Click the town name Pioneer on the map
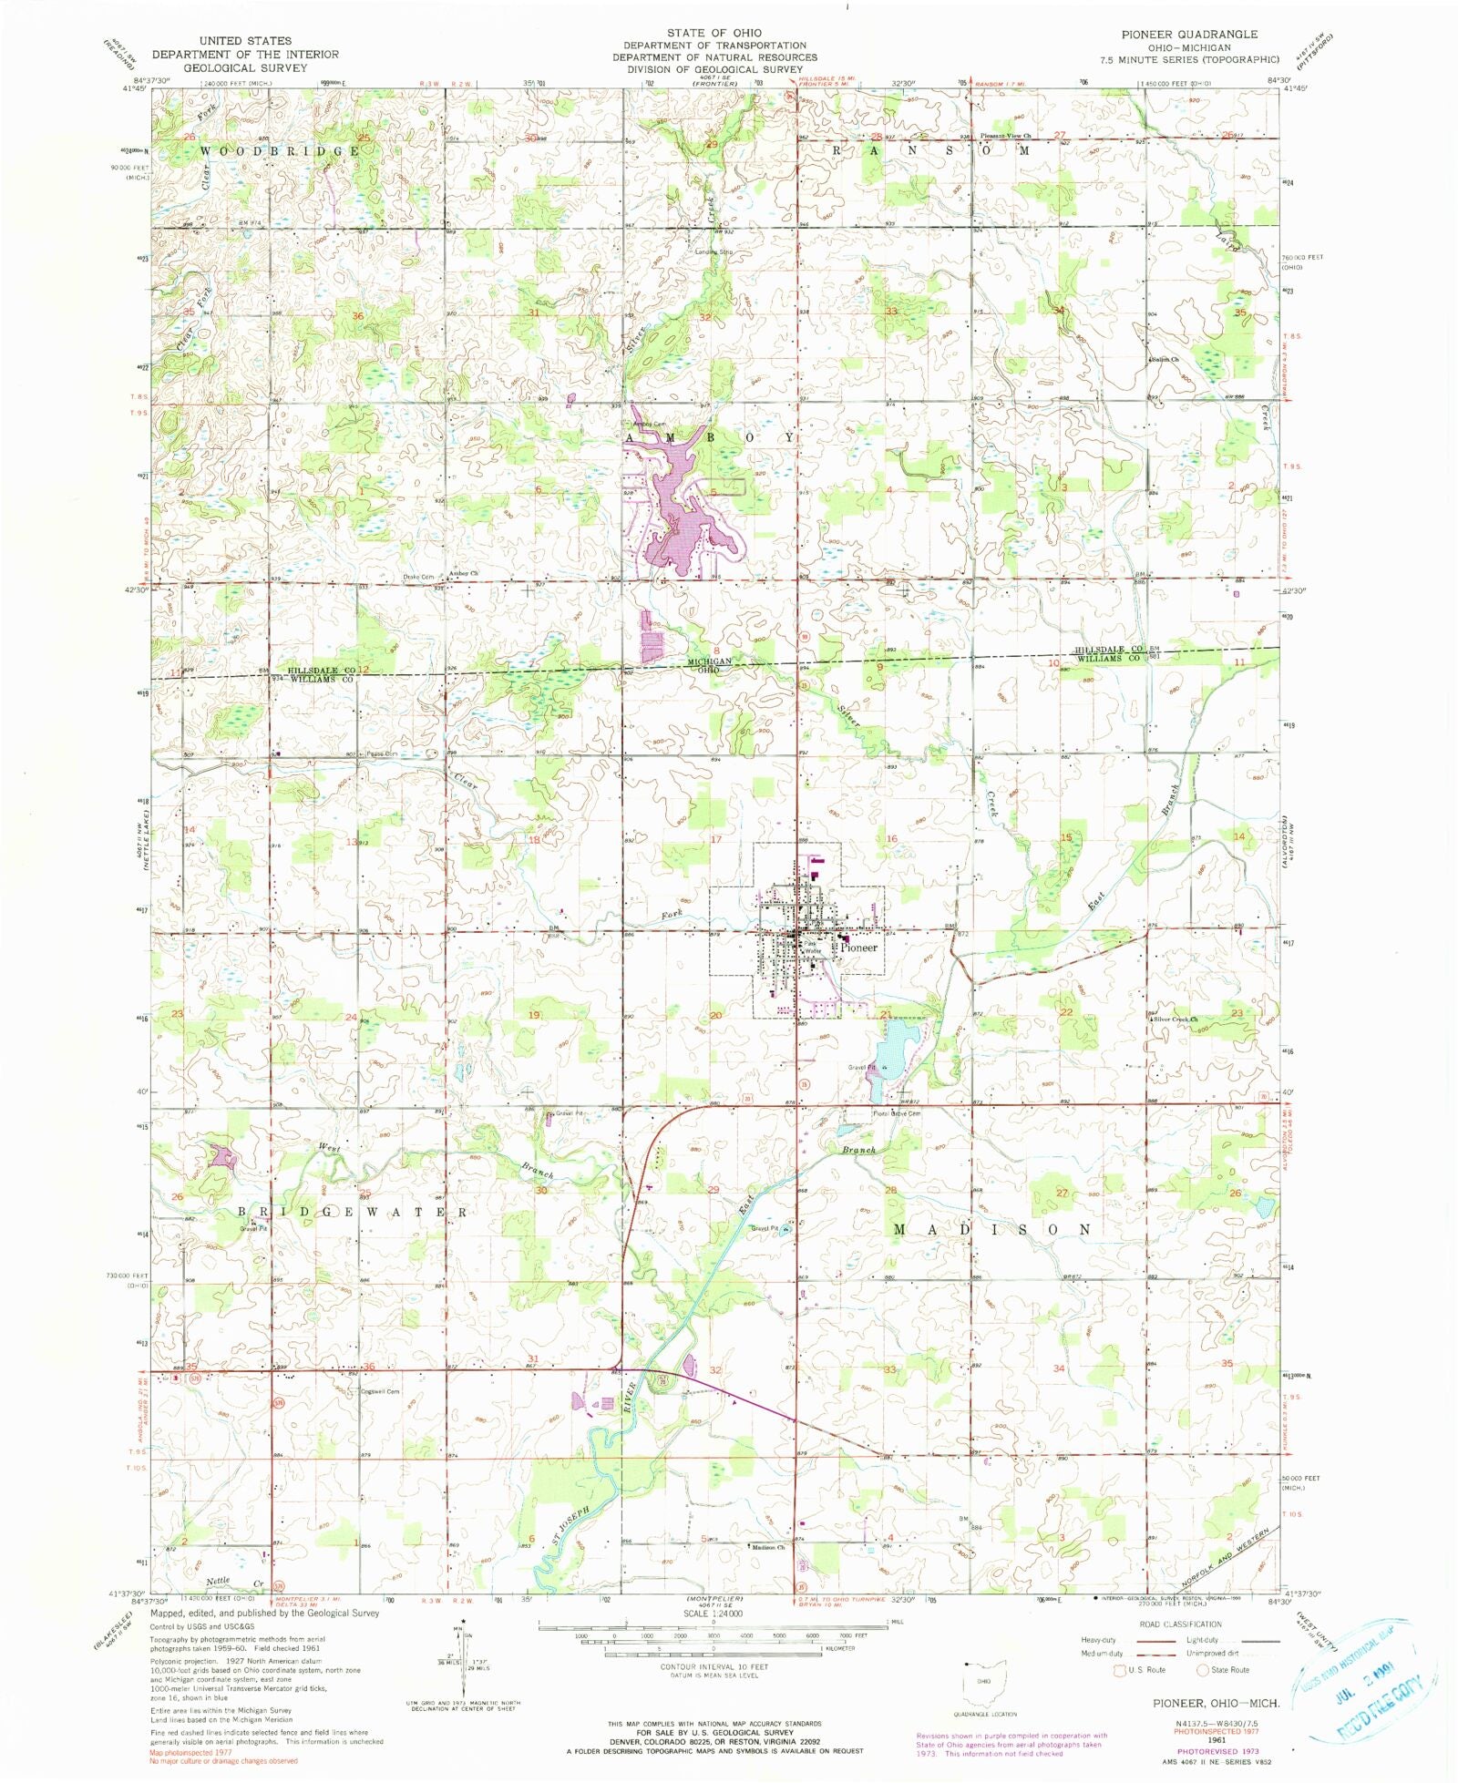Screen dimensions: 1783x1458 (x=859, y=948)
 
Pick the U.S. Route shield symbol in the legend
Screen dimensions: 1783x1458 (x=1119, y=1670)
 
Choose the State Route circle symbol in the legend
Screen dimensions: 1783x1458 (x=1202, y=1670)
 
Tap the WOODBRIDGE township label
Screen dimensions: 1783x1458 (x=280, y=150)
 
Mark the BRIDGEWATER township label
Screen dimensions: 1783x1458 (x=354, y=1213)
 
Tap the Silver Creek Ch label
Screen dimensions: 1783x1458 (x=1176, y=1020)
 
